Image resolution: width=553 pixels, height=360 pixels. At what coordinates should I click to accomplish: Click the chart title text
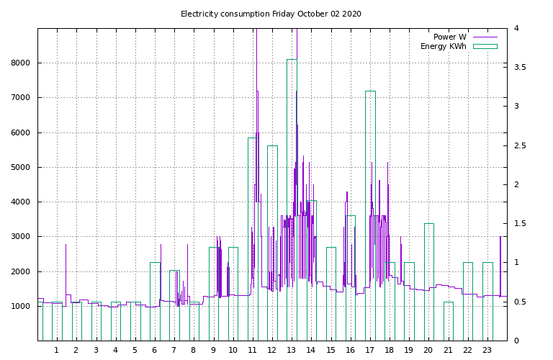point(271,14)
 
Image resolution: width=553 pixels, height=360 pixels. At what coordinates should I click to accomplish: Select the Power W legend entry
point(465,37)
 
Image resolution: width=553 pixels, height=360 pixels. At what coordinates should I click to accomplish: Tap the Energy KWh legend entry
point(459,46)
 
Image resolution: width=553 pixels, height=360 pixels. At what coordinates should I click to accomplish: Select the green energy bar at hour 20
point(424,282)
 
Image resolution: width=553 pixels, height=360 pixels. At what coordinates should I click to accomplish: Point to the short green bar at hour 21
point(449,302)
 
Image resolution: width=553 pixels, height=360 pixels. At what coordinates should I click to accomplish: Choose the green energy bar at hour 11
point(248,240)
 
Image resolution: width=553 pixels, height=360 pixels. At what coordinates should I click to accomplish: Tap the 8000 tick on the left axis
point(21,63)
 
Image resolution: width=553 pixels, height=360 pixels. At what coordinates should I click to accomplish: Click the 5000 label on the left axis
point(21,167)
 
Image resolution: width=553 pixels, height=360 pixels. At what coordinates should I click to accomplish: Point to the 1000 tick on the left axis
point(21,307)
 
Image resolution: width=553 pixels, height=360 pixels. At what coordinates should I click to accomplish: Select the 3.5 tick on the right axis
point(519,67)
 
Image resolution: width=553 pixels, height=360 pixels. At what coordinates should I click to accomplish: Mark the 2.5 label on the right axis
point(519,145)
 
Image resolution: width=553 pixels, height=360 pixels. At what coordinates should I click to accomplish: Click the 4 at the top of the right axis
point(516,28)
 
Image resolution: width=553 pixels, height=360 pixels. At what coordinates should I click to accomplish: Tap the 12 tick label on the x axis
point(271,351)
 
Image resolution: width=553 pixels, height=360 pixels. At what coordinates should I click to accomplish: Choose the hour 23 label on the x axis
point(487,351)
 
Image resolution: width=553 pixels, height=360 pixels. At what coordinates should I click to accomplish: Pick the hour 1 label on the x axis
point(56,351)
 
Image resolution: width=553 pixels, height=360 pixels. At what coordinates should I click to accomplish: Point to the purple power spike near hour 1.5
point(66,275)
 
